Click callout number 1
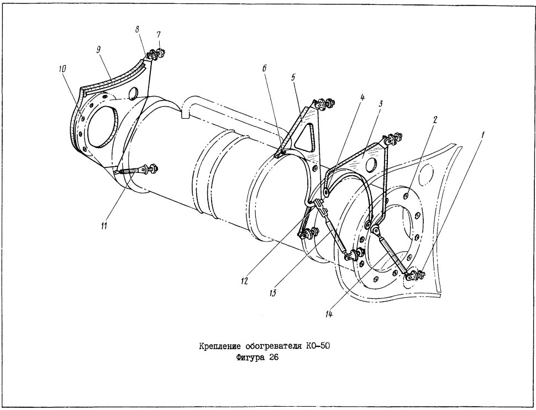[x=483, y=135]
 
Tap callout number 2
[x=435, y=120]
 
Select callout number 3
[x=381, y=103]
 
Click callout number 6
[x=264, y=69]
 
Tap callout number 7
[x=159, y=34]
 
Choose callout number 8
[x=137, y=29]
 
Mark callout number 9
[x=98, y=50]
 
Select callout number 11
[x=104, y=226]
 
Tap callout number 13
[x=272, y=293]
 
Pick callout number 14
[x=328, y=314]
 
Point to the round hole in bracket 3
[x=371, y=165]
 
